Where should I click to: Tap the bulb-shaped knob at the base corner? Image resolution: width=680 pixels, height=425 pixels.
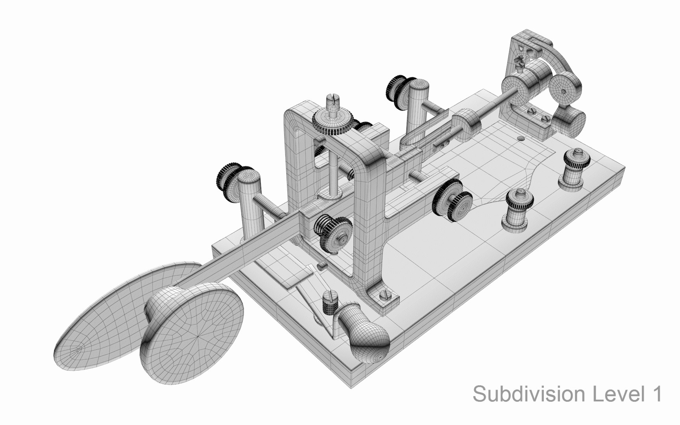pos(364,329)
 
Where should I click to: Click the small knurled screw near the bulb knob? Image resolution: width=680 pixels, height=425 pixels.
pos(329,302)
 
